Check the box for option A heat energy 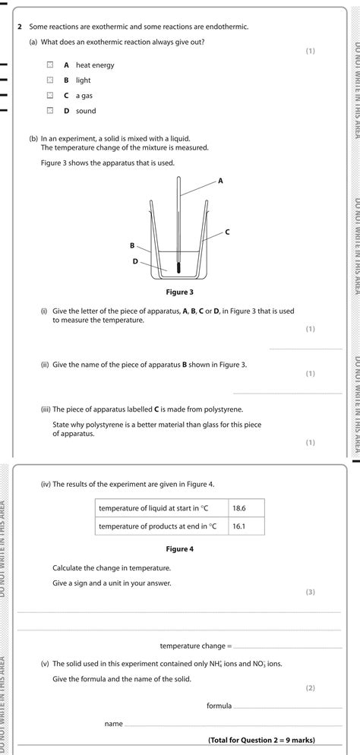pos(49,65)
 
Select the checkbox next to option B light pos(49,81)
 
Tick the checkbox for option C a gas pos(49,96)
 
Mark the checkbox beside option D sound pos(49,111)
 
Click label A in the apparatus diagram pos(221,181)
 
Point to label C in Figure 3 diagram pos(227,231)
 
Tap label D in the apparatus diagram pos(135,261)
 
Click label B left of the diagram pos(132,245)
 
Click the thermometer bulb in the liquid pos(179,267)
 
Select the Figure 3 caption pos(180,292)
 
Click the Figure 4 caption pos(180,549)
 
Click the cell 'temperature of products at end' pos(162,526)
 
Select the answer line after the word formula pos(289,708)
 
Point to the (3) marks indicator pos(309,592)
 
